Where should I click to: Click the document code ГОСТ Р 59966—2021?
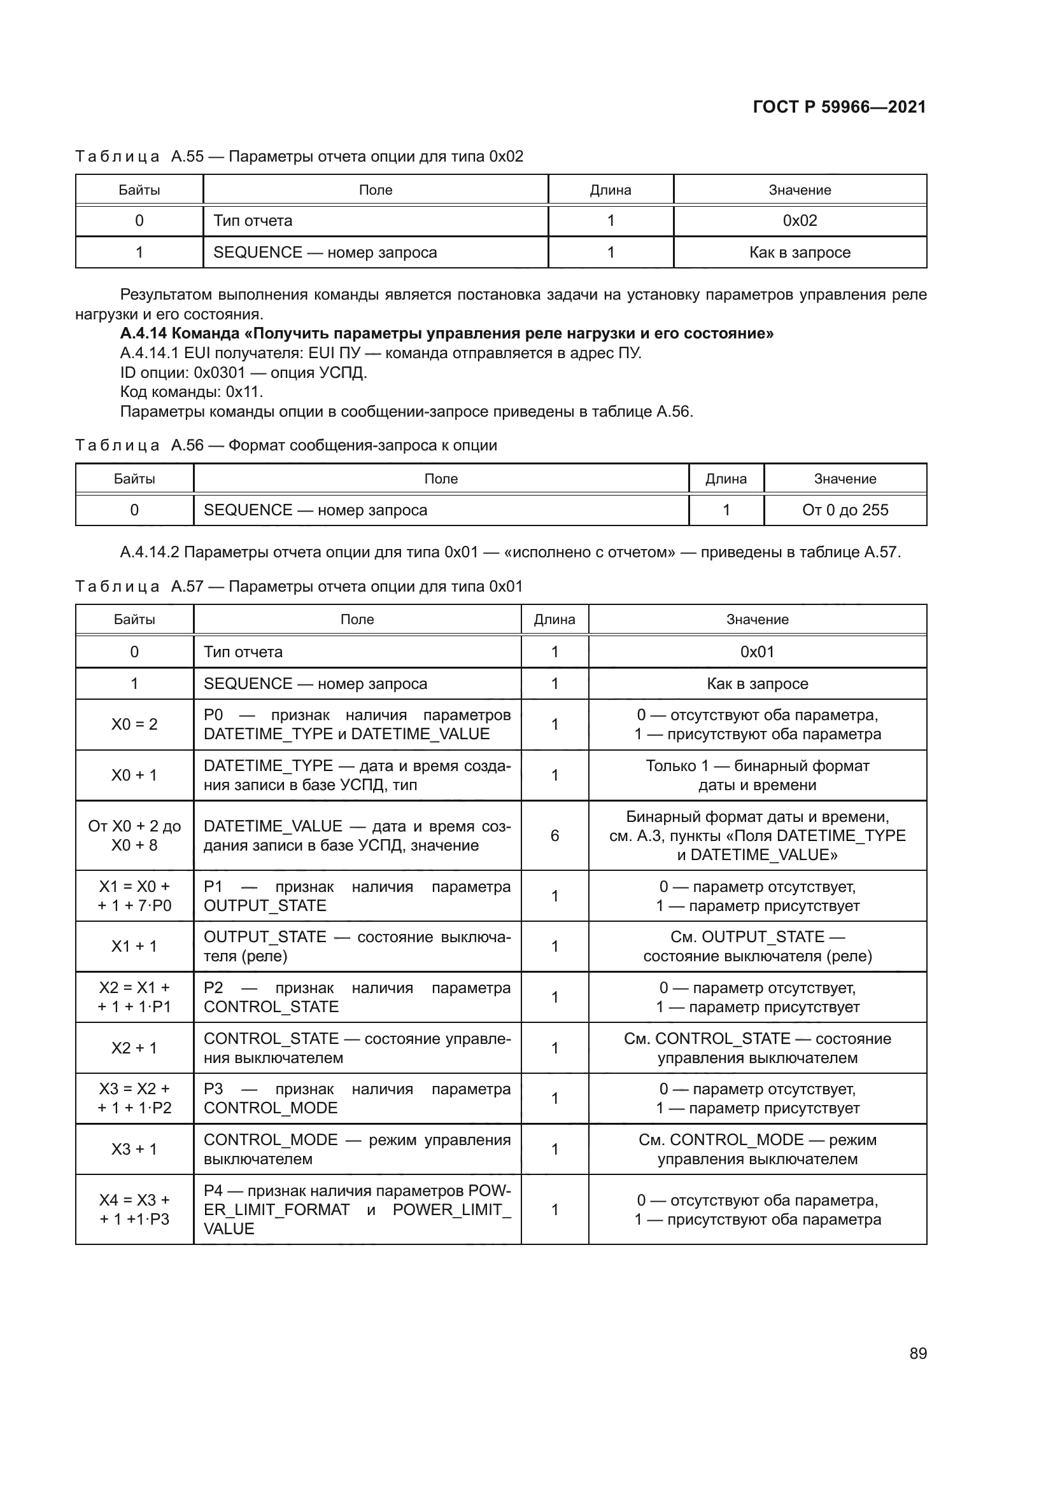(x=839, y=107)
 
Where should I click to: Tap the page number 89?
(x=917, y=1354)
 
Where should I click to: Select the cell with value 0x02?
(x=800, y=221)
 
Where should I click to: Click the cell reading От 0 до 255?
(x=845, y=510)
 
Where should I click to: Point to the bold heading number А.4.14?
(x=144, y=334)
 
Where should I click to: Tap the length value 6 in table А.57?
(x=555, y=836)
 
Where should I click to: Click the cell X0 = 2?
(x=134, y=725)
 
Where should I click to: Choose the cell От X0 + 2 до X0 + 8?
(x=134, y=836)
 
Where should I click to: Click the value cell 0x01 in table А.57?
(x=758, y=652)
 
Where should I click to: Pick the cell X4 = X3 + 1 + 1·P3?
(x=134, y=1210)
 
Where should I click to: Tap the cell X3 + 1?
(x=134, y=1149)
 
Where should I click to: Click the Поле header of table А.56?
(x=441, y=479)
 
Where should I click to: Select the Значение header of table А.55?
(x=800, y=190)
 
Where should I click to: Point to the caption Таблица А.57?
(x=117, y=587)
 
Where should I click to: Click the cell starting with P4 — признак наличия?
(x=357, y=1210)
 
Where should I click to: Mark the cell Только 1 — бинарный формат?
(x=758, y=775)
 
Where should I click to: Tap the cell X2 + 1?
(x=134, y=1048)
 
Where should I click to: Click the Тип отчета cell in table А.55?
(x=253, y=221)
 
